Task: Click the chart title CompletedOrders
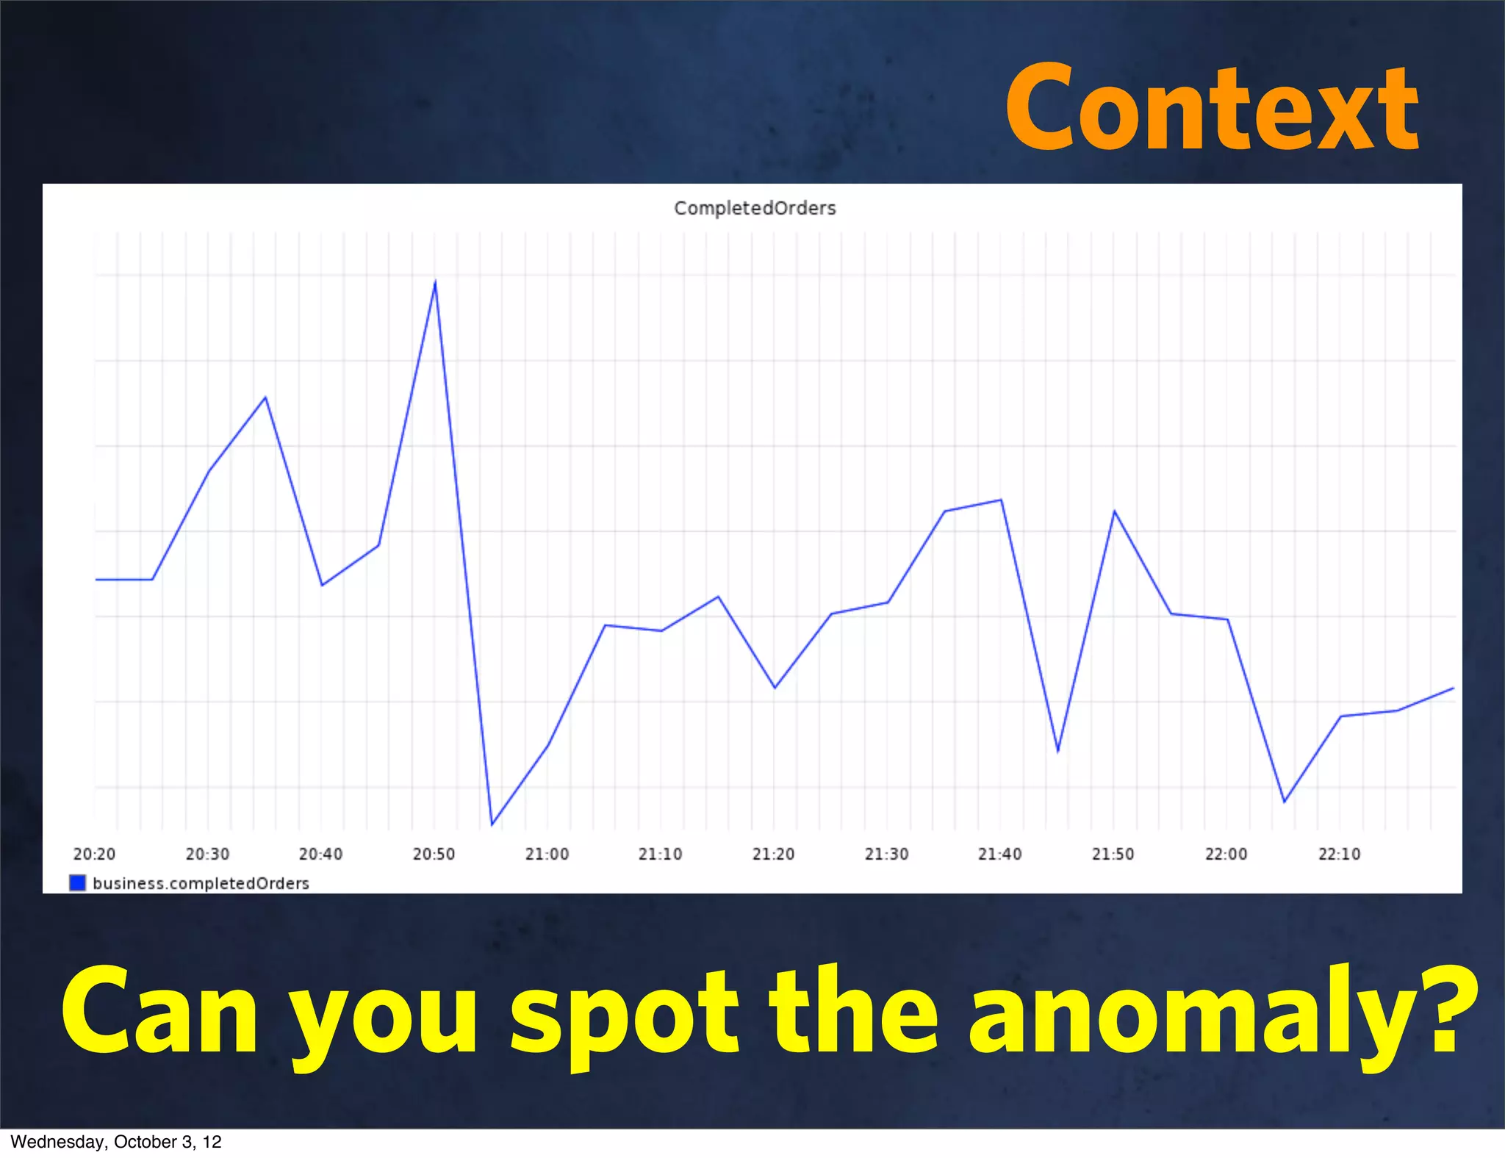(x=755, y=209)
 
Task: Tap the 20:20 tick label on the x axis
(x=94, y=854)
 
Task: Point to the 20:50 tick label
(x=434, y=854)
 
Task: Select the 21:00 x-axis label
(x=547, y=854)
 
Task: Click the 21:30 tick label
(x=886, y=854)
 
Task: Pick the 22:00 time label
(x=1226, y=854)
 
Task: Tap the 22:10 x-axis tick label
(x=1339, y=854)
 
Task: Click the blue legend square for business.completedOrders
(x=77, y=882)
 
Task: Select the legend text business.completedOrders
(x=201, y=883)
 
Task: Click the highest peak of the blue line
(x=436, y=282)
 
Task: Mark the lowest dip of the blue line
(x=492, y=824)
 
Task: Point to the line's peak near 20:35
(x=265, y=398)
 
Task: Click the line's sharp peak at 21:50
(x=1114, y=511)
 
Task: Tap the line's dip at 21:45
(x=1057, y=751)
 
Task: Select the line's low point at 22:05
(x=1284, y=802)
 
